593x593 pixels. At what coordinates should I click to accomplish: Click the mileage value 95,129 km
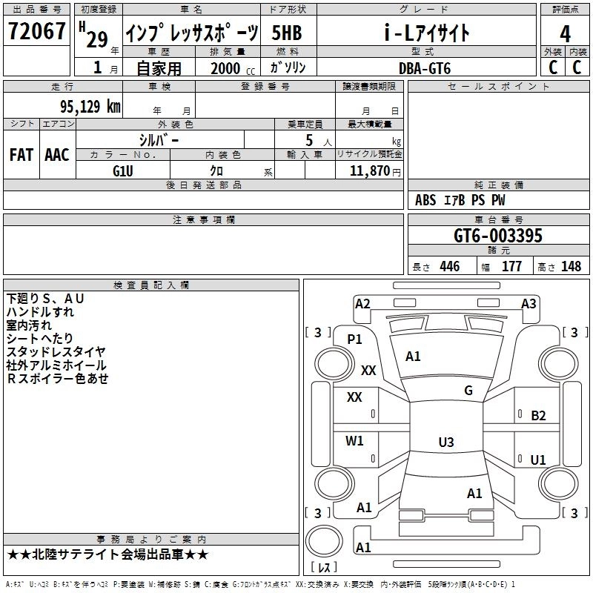85,106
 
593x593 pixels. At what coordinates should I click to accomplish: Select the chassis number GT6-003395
498,236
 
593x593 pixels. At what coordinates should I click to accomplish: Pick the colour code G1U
123,170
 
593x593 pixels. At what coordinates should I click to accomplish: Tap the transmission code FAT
21,155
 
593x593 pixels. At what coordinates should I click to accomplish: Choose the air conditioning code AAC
56,155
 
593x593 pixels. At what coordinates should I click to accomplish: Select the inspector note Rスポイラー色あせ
58,379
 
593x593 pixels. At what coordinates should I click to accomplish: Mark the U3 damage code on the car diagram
445,443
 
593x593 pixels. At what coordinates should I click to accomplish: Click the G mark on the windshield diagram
468,391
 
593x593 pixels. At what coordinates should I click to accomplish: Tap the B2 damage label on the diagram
538,416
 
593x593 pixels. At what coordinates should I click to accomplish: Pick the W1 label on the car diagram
354,441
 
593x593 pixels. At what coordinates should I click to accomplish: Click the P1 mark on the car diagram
354,339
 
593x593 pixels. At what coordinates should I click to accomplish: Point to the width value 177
511,267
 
